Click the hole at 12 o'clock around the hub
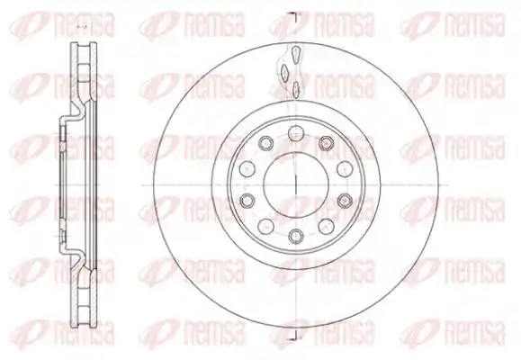(296, 134)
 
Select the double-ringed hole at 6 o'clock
(296, 236)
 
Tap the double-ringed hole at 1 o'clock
(326, 143)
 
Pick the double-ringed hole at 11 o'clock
(265, 143)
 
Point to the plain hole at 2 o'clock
(345, 169)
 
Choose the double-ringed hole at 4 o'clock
(345, 200)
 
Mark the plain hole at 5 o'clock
(326, 226)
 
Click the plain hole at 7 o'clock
(265, 226)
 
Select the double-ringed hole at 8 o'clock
(247, 200)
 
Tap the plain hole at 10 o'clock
(247, 169)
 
